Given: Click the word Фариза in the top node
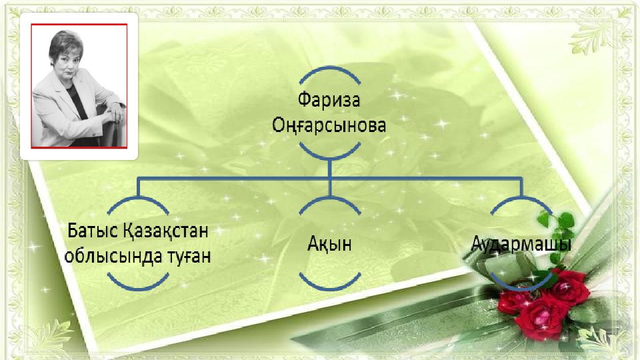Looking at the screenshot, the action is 329,100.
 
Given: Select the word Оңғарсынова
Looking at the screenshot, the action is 329,125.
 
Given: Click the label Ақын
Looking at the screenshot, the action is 329,244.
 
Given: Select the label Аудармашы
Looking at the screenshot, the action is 521,244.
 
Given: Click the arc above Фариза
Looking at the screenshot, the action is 330,69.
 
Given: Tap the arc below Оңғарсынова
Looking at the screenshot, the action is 330,156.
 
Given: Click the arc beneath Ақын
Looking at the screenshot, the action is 330,287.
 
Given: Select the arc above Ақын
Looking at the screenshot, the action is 330,200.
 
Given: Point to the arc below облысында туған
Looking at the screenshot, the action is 138,287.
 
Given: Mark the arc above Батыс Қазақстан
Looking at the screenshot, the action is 138,200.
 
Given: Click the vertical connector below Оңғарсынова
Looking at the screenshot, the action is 330,178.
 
